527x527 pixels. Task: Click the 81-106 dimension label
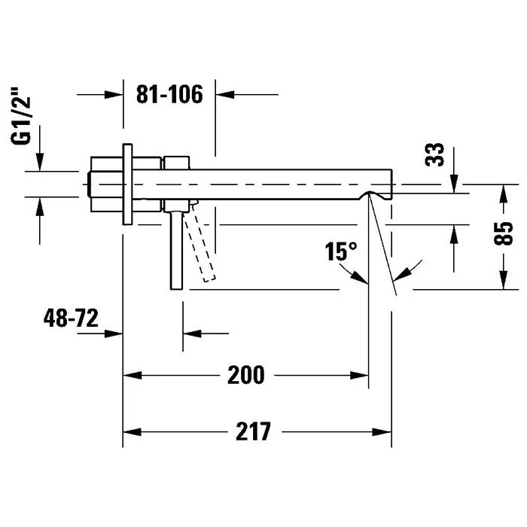coord(170,96)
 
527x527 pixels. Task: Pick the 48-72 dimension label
coord(72,318)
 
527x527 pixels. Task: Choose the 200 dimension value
coord(246,373)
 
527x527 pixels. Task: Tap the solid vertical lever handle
coord(177,248)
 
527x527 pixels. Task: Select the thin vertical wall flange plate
coord(128,183)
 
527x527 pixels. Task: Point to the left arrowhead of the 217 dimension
coord(131,432)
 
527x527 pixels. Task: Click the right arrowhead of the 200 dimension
coord(361,374)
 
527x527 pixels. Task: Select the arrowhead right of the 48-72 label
coord(114,332)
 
